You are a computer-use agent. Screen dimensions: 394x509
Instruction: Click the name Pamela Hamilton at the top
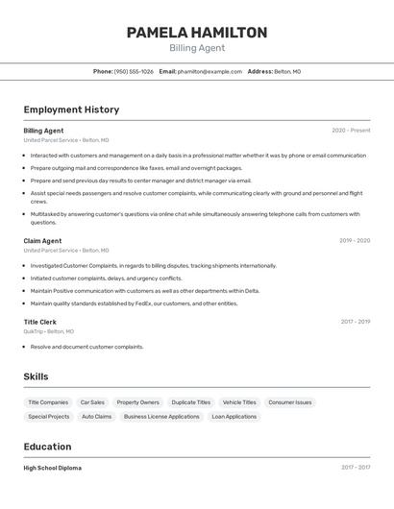tap(197, 33)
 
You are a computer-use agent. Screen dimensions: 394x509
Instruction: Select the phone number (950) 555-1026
tap(134, 71)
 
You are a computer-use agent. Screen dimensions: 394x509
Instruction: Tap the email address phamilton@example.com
tap(209, 71)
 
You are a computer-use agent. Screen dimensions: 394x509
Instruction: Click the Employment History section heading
tap(71, 109)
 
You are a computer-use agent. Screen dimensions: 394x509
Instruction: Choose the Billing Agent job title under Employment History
tap(43, 131)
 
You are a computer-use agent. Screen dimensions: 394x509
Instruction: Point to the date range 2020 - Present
tap(351, 131)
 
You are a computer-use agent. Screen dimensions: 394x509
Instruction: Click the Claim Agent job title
tap(42, 241)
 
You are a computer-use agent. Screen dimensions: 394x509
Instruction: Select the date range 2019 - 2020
tap(355, 241)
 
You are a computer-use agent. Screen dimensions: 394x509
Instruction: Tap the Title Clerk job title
tap(40, 322)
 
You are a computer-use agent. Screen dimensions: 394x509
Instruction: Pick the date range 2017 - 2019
tap(356, 322)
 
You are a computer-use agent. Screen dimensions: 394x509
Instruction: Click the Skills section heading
tap(36, 376)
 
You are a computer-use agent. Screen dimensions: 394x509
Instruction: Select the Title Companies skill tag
tap(48, 402)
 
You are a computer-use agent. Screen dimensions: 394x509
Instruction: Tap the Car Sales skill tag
tap(92, 402)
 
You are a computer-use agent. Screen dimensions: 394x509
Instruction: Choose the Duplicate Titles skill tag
tap(190, 402)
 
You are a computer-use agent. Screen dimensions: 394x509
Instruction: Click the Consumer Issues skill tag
tap(290, 402)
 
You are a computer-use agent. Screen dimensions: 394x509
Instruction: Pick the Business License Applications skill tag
tap(161, 417)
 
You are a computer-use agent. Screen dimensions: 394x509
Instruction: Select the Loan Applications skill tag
tap(234, 417)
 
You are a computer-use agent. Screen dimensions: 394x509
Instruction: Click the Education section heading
tap(47, 447)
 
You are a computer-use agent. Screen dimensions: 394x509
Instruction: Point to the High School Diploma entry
tap(53, 468)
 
